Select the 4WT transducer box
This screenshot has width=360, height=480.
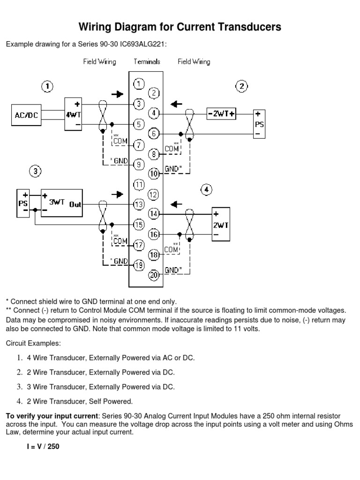(73, 114)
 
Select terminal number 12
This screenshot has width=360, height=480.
(153, 194)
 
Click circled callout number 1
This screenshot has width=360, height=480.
(47, 87)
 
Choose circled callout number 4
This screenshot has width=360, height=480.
(207, 190)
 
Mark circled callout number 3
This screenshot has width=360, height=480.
(35, 171)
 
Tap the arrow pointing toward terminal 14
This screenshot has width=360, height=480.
(176, 204)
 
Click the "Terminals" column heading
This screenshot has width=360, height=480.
(146, 61)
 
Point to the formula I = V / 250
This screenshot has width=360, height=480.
(43, 447)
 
